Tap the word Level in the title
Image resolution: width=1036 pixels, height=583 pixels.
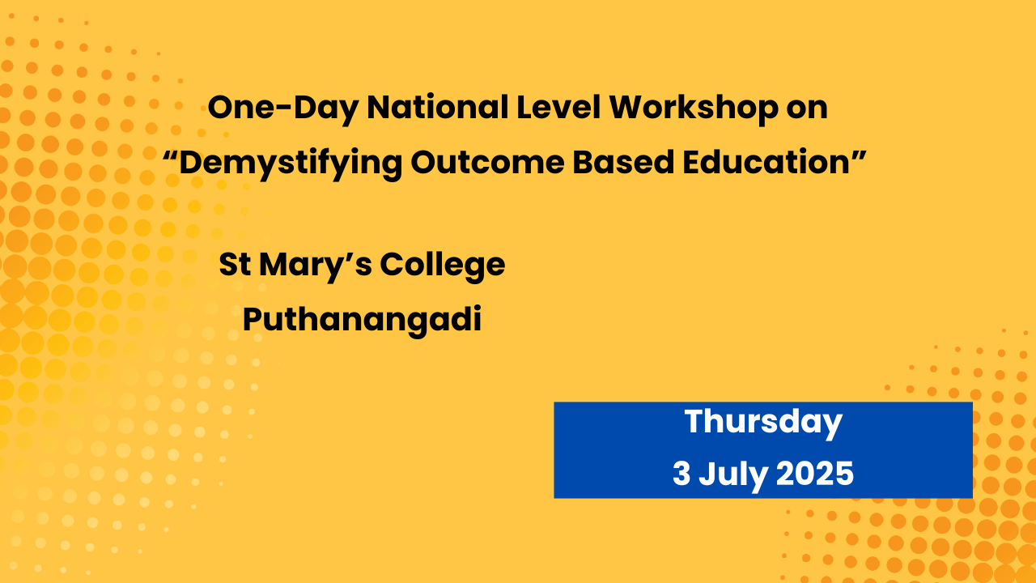[558, 108]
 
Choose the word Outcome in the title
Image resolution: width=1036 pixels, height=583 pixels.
[487, 163]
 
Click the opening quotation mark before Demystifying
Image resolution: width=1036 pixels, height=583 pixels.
[170, 155]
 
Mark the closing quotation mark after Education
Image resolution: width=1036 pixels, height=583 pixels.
[859, 155]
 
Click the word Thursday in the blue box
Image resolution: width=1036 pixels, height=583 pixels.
[763, 423]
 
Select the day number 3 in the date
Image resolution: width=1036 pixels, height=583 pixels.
[681, 474]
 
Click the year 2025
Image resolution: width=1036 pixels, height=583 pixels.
[815, 474]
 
